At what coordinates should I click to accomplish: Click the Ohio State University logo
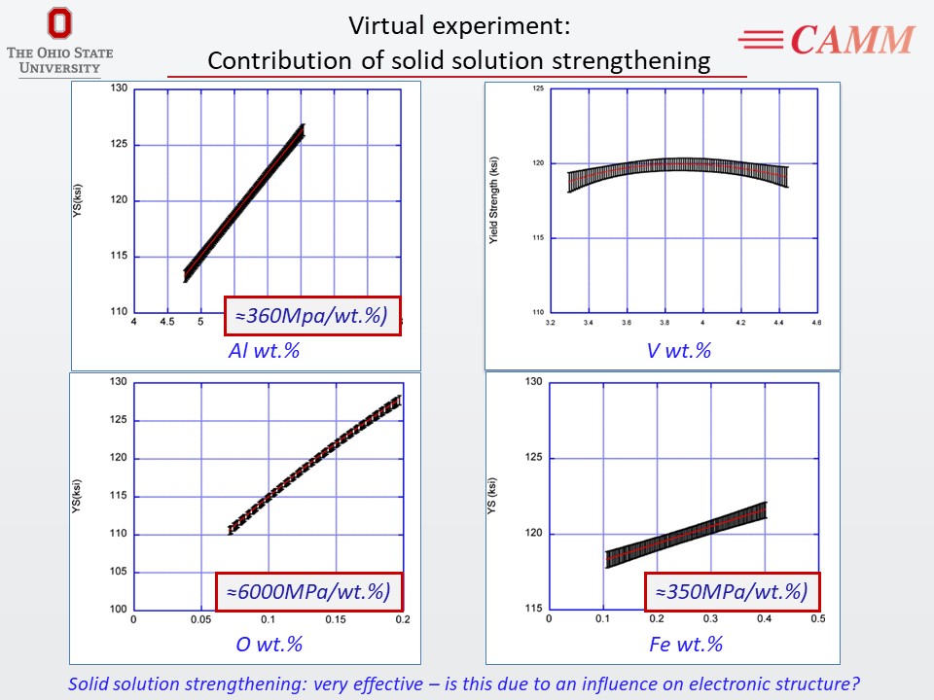coord(59,40)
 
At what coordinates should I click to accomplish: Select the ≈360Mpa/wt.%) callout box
coord(312,315)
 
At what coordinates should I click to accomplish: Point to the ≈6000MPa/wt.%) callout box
coord(308,591)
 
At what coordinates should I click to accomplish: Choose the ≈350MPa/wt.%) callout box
coord(731,591)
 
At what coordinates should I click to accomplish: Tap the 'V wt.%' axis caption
coord(678,350)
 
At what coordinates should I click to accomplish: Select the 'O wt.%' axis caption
coord(269,644)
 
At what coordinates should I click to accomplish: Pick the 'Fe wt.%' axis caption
coord(685,644)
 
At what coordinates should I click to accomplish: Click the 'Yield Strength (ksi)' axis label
coord(494,198)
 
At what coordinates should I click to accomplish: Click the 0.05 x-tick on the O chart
coord(200,619)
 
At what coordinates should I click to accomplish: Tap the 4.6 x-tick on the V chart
coord(815,322)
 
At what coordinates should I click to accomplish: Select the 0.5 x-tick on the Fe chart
coord(817,618)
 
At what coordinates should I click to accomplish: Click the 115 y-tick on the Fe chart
coord(532,609)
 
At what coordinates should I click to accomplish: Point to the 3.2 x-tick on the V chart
coord(551,322)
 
